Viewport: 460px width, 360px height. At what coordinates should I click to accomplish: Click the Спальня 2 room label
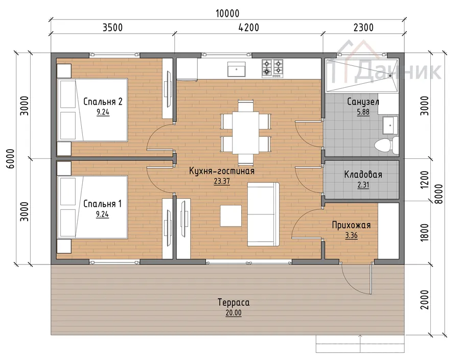(103, 102)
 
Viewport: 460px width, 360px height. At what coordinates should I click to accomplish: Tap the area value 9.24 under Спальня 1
(102, 214)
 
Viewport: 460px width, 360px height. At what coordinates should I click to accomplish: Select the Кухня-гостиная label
(221, 171)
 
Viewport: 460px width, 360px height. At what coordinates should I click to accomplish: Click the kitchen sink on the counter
(237, 69)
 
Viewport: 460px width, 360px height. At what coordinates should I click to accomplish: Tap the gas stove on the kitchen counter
(272, 68)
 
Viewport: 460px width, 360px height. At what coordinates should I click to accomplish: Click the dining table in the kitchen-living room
(245, 132)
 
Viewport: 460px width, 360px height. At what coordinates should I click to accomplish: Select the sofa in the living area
(263, 214)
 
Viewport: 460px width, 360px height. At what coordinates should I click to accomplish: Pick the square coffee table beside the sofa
(231, 216)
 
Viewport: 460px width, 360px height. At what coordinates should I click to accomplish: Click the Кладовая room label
(363, 175)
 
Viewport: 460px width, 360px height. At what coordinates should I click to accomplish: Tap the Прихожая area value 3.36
(351, 235)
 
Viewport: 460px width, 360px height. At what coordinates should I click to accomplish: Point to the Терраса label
(234, 302)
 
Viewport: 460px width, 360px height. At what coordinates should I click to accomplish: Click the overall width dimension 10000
(227, 13)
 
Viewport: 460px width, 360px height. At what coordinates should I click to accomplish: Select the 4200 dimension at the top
(249, 28)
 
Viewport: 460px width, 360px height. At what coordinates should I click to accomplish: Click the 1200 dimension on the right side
(425, 179)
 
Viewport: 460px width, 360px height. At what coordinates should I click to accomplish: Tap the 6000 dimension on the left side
(11, 159)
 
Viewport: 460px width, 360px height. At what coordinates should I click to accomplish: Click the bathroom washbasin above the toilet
(390, 125)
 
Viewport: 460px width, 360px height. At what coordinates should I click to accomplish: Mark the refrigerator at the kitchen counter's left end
(187, 69)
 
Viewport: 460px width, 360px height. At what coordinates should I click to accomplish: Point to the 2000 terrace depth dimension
(425, 300)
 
